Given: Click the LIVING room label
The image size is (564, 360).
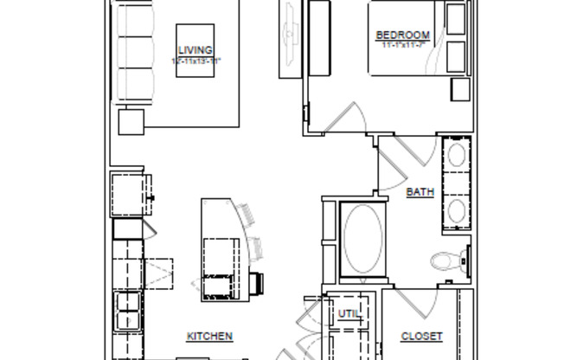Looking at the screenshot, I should click(195, 50).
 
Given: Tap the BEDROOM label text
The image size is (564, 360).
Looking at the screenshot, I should click(402, 35).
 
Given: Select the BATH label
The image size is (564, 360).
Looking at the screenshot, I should click(420, 192).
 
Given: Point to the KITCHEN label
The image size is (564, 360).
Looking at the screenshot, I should click(209, 336).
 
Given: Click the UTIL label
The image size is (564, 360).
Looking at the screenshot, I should click(348, 314).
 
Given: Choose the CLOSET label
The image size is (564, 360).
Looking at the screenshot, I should click(422, 336).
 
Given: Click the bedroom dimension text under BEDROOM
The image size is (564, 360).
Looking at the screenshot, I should click(402, 44).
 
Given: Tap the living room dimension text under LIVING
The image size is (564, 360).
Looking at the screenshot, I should click(195, 60).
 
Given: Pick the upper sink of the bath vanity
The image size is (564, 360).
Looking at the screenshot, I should click(456, 158).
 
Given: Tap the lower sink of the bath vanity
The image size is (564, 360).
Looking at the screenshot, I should click(456, 210).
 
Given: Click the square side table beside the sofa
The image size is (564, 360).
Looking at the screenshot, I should click(131, 122).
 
